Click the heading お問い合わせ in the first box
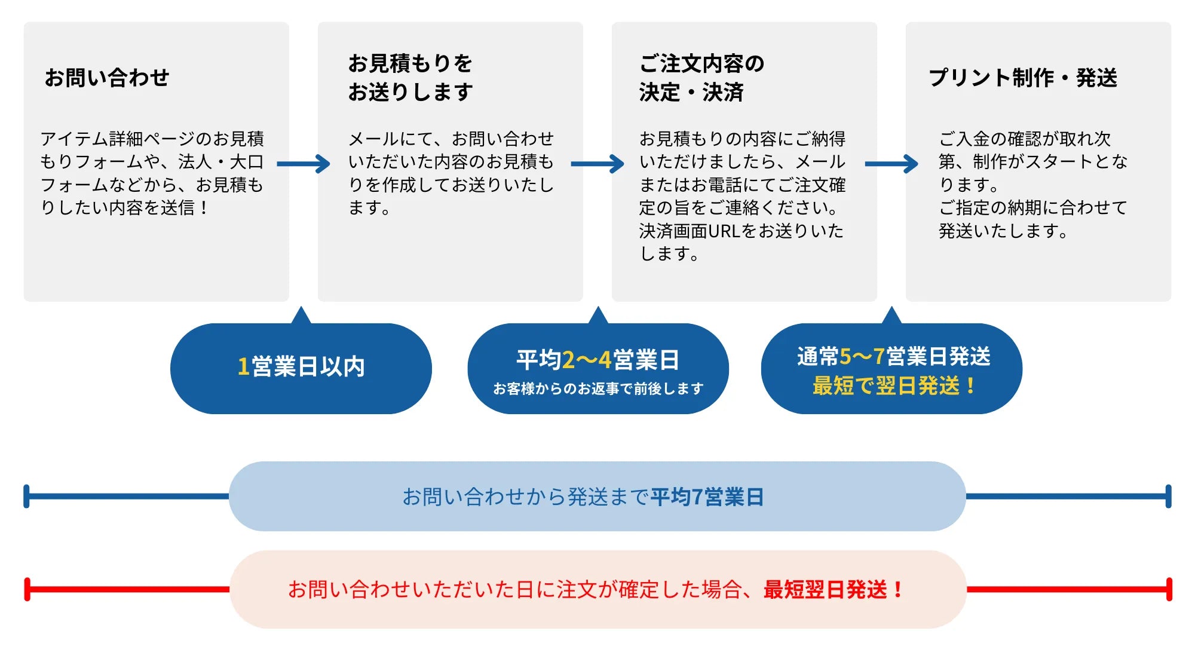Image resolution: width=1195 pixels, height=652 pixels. (107, 78)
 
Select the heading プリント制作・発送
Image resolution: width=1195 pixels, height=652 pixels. (1022, 78)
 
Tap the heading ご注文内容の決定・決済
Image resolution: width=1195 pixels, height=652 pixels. (701, 78)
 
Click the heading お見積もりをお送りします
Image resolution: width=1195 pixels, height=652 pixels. (410, 78)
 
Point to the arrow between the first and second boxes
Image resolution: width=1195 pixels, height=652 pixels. (304, 164)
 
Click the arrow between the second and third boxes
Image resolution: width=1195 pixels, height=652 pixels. (597, 164)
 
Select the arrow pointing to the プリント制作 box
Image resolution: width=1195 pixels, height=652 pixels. (891, 164)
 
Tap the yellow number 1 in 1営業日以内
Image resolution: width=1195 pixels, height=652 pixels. (243, 366)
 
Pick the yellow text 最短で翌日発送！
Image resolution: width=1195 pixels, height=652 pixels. (894, 386)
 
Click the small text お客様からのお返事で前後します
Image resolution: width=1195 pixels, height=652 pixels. (597, 389)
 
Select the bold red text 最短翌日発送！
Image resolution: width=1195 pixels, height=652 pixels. (833, 590)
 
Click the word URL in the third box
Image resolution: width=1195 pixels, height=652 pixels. (724, 231)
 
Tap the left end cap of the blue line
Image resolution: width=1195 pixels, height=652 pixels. (26, 497)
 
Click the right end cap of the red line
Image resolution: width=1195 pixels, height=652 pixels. (1169, 589)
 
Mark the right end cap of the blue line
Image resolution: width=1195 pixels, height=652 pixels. (1168, 497)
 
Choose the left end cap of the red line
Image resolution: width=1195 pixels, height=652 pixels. (27, 589)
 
